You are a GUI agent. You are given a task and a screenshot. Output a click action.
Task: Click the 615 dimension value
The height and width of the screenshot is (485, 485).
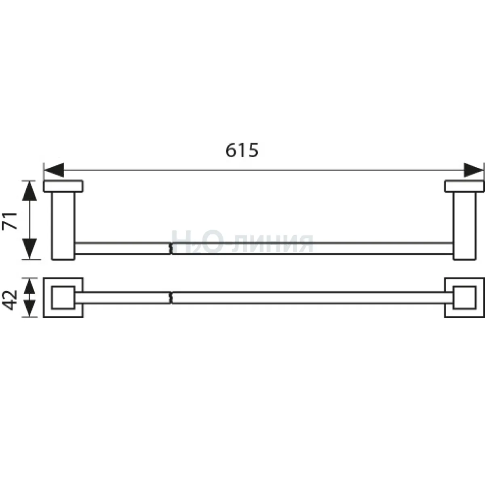(x=242, y=150)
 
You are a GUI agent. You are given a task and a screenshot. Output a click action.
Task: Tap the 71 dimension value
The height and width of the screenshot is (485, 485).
(x=10, y=221)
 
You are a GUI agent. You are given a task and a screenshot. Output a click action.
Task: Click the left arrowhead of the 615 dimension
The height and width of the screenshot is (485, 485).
(x=54, y=170)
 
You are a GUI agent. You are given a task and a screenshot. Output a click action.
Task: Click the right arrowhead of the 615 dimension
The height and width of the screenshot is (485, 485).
(x=474, y=170)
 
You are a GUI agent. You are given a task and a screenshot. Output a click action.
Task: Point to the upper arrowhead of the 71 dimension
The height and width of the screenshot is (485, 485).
(x=30, y=191)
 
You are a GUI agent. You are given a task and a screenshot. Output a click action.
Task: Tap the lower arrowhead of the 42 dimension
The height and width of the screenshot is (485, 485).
(x=30, y=309)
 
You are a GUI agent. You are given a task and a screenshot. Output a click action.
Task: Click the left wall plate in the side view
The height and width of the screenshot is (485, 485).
(x=63, y=186)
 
